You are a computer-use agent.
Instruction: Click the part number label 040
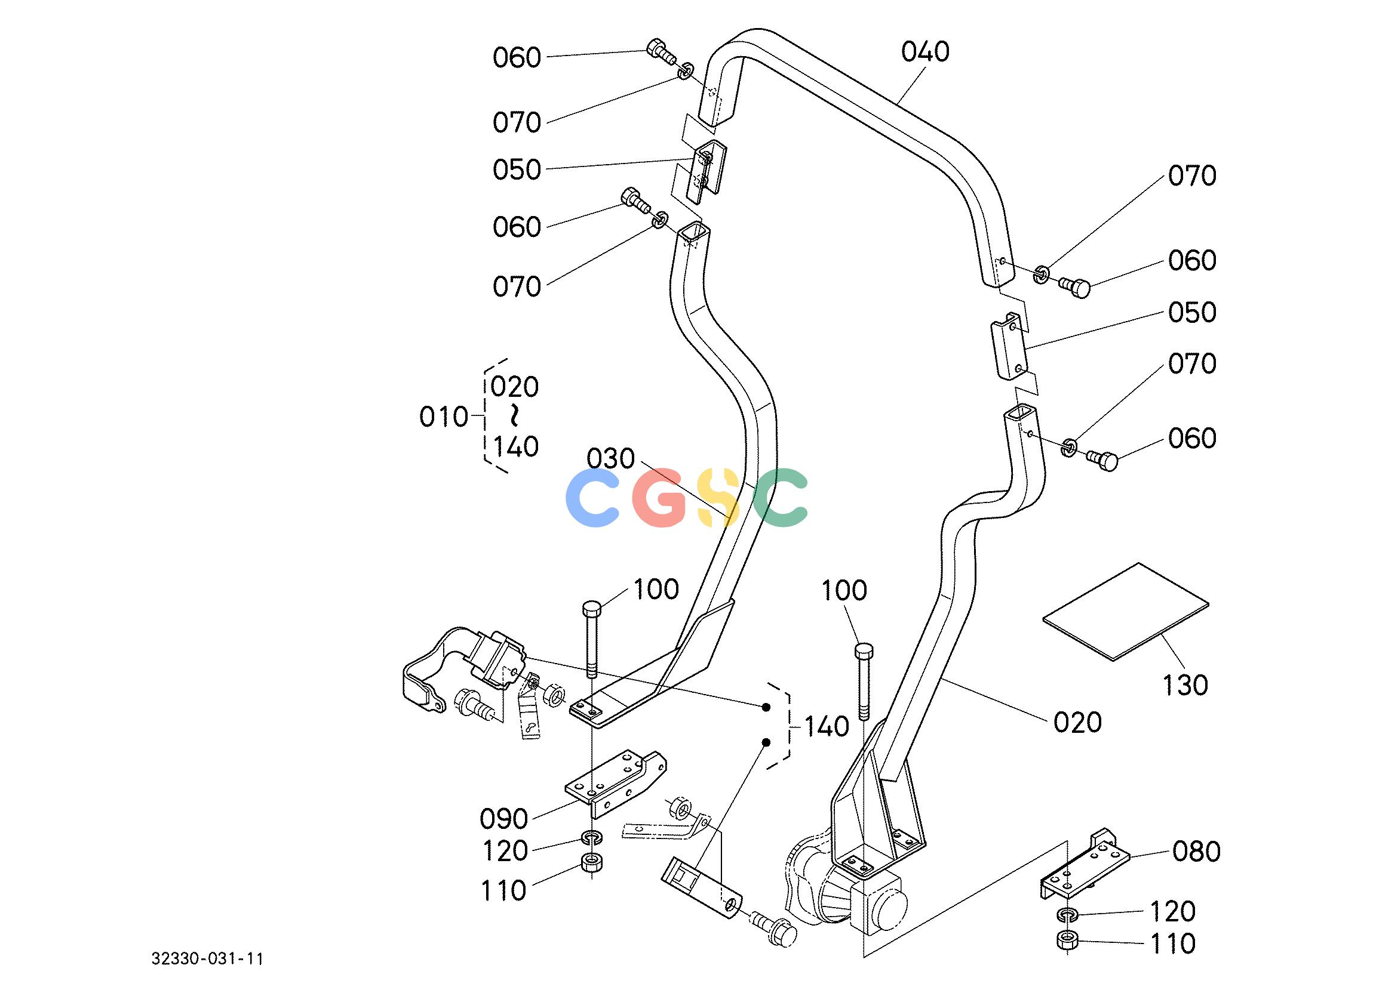(x=925, y=52)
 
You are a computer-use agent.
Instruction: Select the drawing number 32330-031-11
(x=208, y=959)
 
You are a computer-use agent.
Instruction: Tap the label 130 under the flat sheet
(x=1185, y=686)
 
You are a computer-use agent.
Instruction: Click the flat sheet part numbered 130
(x=1125, y=611)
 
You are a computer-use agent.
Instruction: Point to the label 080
(x=1196, y=852)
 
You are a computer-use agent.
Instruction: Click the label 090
(x=503, y=819)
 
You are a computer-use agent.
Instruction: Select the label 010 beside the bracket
(x=444, y=418)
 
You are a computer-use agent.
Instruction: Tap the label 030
(x=611, y=460)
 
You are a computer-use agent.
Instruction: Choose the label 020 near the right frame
(x=1077, y=723)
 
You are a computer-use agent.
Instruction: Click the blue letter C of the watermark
(x=592, y=497)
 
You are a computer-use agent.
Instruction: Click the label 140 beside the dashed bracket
(x=827, y=727)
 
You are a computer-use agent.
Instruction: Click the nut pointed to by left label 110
(x=590, y=862)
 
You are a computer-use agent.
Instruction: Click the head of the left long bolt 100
(x=591, y=607)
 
